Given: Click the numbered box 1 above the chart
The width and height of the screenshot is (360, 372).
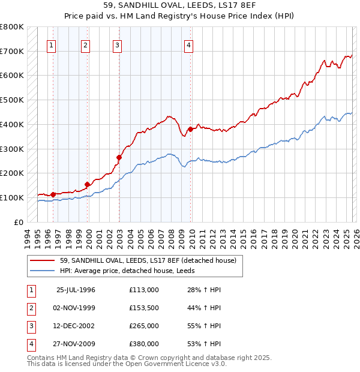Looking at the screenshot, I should coord(51,44).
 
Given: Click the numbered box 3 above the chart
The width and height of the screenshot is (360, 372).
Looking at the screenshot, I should coord(117,44).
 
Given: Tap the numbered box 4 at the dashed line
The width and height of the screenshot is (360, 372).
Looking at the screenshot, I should coord(188,44).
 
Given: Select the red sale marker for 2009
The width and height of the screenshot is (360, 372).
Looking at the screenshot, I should coord(190,129).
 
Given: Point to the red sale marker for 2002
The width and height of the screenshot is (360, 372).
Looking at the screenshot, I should coord(119,157).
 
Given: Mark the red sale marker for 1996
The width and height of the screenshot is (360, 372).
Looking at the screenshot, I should coord(53,194).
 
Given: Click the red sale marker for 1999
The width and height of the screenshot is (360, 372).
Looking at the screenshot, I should coord(88,184).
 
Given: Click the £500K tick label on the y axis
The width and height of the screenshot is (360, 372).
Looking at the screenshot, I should coord(12,100).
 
